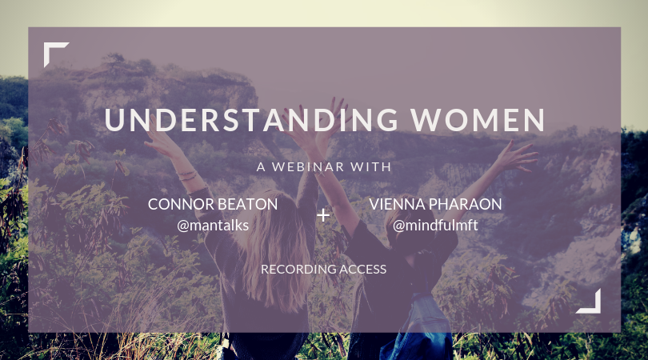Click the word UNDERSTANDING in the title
(x=251, y=120)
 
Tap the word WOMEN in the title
(x=478, y=120)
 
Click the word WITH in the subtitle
(x=370, y=166)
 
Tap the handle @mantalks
(x=213, y=226)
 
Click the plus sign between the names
(x=323, y=215)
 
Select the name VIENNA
(x=397, y=204)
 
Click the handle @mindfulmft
(x=435, y=226)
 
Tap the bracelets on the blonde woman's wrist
(x=187, y=175)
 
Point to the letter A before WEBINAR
(x=261, y=166)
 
